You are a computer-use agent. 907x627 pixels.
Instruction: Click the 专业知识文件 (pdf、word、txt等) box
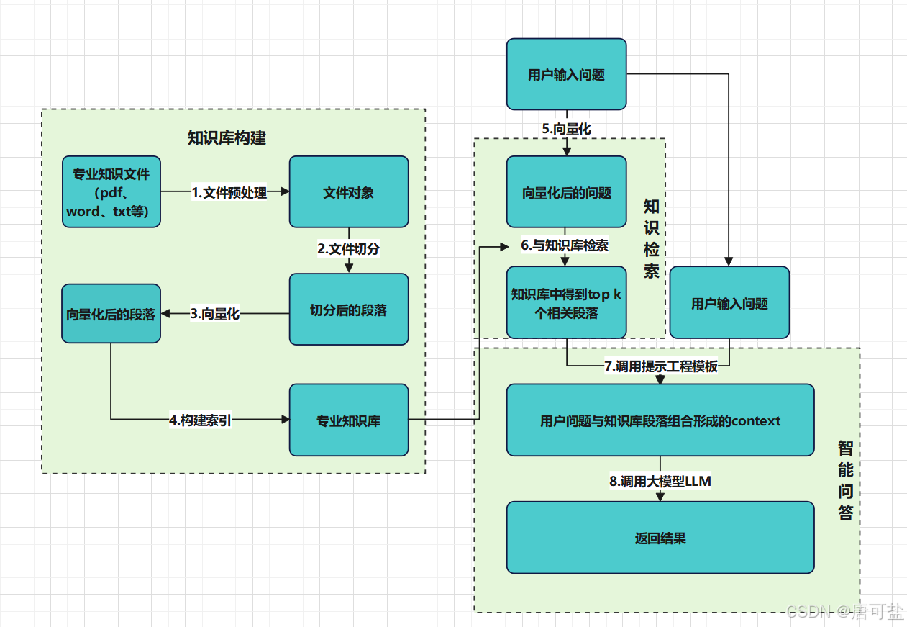click(111, 191)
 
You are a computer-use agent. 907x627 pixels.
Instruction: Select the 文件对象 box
click(349, 192)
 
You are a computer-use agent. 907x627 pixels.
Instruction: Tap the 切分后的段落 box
click(349, 310)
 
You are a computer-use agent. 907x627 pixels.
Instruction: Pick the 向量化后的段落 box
click(111, 314)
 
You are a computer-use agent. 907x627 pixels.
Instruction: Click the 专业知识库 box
click(349, 420)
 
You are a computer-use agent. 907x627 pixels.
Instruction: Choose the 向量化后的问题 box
click(566, 192)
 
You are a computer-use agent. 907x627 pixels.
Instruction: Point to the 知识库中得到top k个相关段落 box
click(566, 303)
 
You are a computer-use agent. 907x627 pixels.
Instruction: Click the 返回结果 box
click(660, 538)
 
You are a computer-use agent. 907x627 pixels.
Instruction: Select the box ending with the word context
click(660, 420)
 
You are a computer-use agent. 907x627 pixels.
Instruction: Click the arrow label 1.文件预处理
click(229, 192)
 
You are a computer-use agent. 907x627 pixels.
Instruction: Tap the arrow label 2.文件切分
click(348, 249)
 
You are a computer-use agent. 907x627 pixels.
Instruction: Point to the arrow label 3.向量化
click(215, 314)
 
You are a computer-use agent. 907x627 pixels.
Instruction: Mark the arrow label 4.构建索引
click(201, 420)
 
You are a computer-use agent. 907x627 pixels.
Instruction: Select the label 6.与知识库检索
click(565, 245)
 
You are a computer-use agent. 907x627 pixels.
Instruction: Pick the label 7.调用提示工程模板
click(660, 366)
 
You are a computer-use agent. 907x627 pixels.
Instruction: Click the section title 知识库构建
click(227, 138)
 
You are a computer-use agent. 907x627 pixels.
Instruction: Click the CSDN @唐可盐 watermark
click(844, 612)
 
